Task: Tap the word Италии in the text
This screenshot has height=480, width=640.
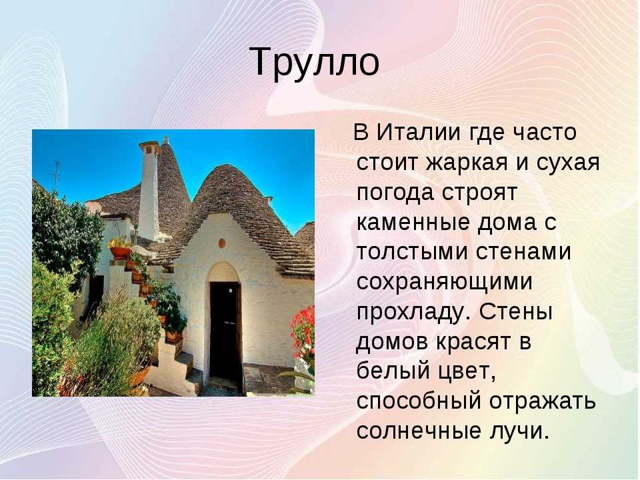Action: pos(419,132)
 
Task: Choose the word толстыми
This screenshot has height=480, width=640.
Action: pos(412,253)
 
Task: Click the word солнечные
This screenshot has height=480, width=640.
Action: pos(419,431)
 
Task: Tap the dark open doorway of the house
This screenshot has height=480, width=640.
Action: pos(225,331)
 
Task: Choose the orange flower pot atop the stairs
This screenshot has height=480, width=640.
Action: pos(120,252)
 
